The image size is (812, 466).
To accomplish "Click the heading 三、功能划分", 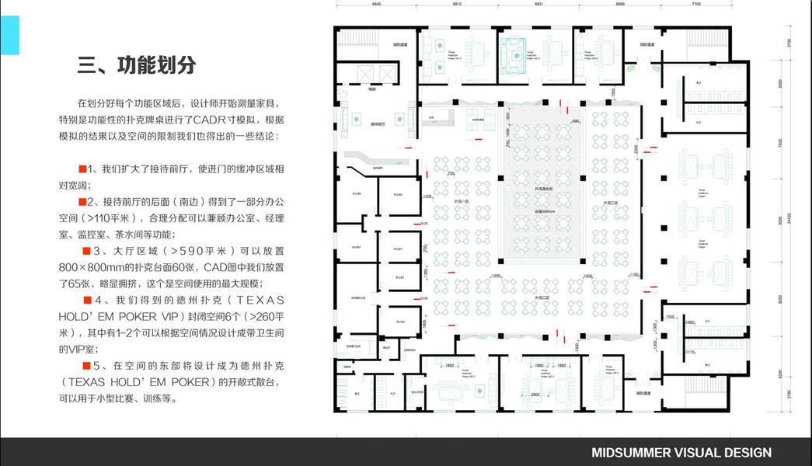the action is point(136,64).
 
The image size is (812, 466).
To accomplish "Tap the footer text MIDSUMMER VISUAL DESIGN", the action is point(681,452).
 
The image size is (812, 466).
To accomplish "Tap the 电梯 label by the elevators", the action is point(372,90).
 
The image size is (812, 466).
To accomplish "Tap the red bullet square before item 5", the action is point(85,365).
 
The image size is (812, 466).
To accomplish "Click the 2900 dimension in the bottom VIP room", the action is point(535,395).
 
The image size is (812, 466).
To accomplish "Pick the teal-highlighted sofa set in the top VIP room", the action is point(512,53).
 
